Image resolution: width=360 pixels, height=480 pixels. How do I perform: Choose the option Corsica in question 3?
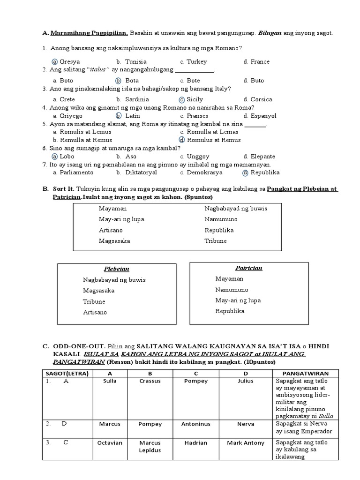point(257,99)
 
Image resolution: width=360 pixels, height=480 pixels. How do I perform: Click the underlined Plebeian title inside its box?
point(116,269)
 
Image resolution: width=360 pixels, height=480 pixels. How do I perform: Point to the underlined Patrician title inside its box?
point(248,268)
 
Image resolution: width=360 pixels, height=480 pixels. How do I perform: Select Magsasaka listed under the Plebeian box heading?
point(98,290)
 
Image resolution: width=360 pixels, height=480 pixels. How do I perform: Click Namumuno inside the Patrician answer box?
point(232,289)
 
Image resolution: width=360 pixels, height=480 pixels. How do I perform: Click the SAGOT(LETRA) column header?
point(68,373)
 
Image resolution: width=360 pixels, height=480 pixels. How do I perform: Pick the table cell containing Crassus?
point(150,381)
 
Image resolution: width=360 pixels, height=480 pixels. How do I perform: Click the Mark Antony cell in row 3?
point(246,442)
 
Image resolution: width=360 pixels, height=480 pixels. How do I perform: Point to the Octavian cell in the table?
point(110,442)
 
